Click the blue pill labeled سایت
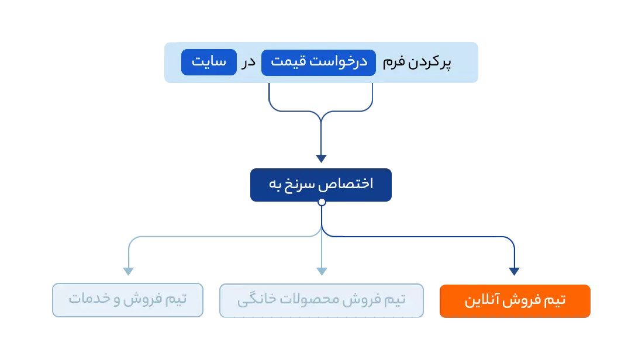[209, 63]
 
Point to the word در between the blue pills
[249, 63]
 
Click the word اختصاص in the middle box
[351, 184]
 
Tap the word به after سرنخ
[276, 184]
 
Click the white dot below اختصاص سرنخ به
[322, 202]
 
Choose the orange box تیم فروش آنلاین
[515, 300]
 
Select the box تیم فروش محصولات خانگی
[322, 300]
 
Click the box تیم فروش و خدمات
[127, 300]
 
